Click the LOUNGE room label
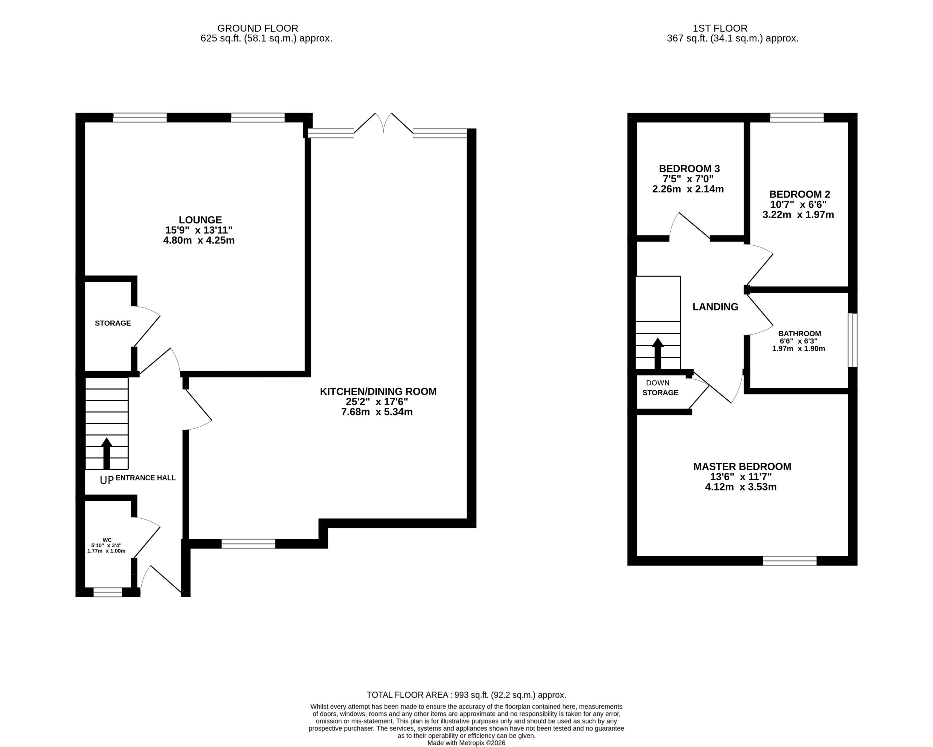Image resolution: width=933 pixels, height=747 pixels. [200, 220]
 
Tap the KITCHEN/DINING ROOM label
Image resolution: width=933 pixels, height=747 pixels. [378, 392]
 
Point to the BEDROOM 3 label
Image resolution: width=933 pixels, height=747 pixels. [690, 169]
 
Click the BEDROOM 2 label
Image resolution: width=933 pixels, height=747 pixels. [800, 194]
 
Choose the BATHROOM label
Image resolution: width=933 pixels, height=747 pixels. [800, 334]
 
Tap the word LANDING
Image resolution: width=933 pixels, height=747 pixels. [715, 307]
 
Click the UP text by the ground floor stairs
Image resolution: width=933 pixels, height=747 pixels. [106, 480]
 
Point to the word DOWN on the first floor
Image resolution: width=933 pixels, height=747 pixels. [658, 383]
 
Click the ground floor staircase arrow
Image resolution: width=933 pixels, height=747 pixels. [106, 454]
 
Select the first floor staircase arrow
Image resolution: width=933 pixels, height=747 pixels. [658, 353]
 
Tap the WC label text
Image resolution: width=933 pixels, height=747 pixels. [107, 540]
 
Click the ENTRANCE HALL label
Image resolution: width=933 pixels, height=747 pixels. [146, 478]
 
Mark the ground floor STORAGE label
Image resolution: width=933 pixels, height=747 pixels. [113, 323]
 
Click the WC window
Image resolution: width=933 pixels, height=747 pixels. [108, 592]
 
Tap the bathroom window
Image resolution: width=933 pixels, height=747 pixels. [852, 340]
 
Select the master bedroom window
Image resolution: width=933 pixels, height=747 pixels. [790, 561]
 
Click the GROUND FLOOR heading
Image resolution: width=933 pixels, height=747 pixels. [257, 28]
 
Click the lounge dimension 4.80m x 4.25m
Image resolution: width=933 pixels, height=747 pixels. [199, 240]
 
